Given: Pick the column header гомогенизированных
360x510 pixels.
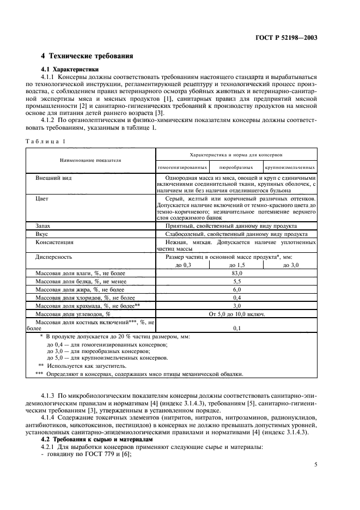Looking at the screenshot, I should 182,167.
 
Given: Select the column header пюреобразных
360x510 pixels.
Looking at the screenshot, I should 236,167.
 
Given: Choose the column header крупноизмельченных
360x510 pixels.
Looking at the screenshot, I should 290,167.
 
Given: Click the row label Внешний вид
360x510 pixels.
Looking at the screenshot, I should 53,178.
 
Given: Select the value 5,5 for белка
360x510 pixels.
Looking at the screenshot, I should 236,281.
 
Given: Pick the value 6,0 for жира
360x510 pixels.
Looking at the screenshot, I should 236,290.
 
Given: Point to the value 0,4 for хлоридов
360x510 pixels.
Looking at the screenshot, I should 236,298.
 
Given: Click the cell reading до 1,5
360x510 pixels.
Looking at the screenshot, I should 236,265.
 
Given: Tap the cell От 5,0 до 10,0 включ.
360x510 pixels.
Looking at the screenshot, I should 236,314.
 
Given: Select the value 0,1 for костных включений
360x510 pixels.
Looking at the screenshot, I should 236,329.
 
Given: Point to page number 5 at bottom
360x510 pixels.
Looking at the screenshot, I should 315,465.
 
